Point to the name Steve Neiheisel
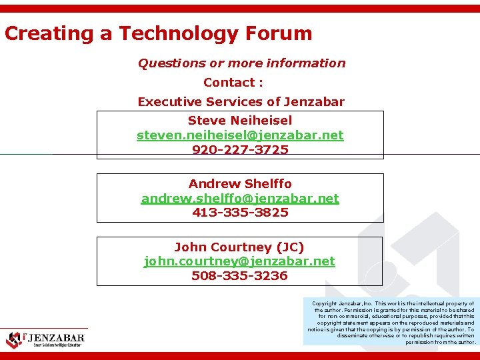pos(240,121)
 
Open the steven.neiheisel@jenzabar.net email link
pos(240,135)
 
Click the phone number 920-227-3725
pos(240,150)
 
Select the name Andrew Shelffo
pos(240,183)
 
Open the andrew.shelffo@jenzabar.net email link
pos(240,198)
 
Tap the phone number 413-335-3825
pos(240,213)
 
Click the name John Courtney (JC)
pos(239,247)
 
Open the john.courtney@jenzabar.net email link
pos(239,261)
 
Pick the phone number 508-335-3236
pos(239,275)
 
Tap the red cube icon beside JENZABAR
pos(13,340)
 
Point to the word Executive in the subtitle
pos(165,102)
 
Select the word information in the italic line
pos(306,63)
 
